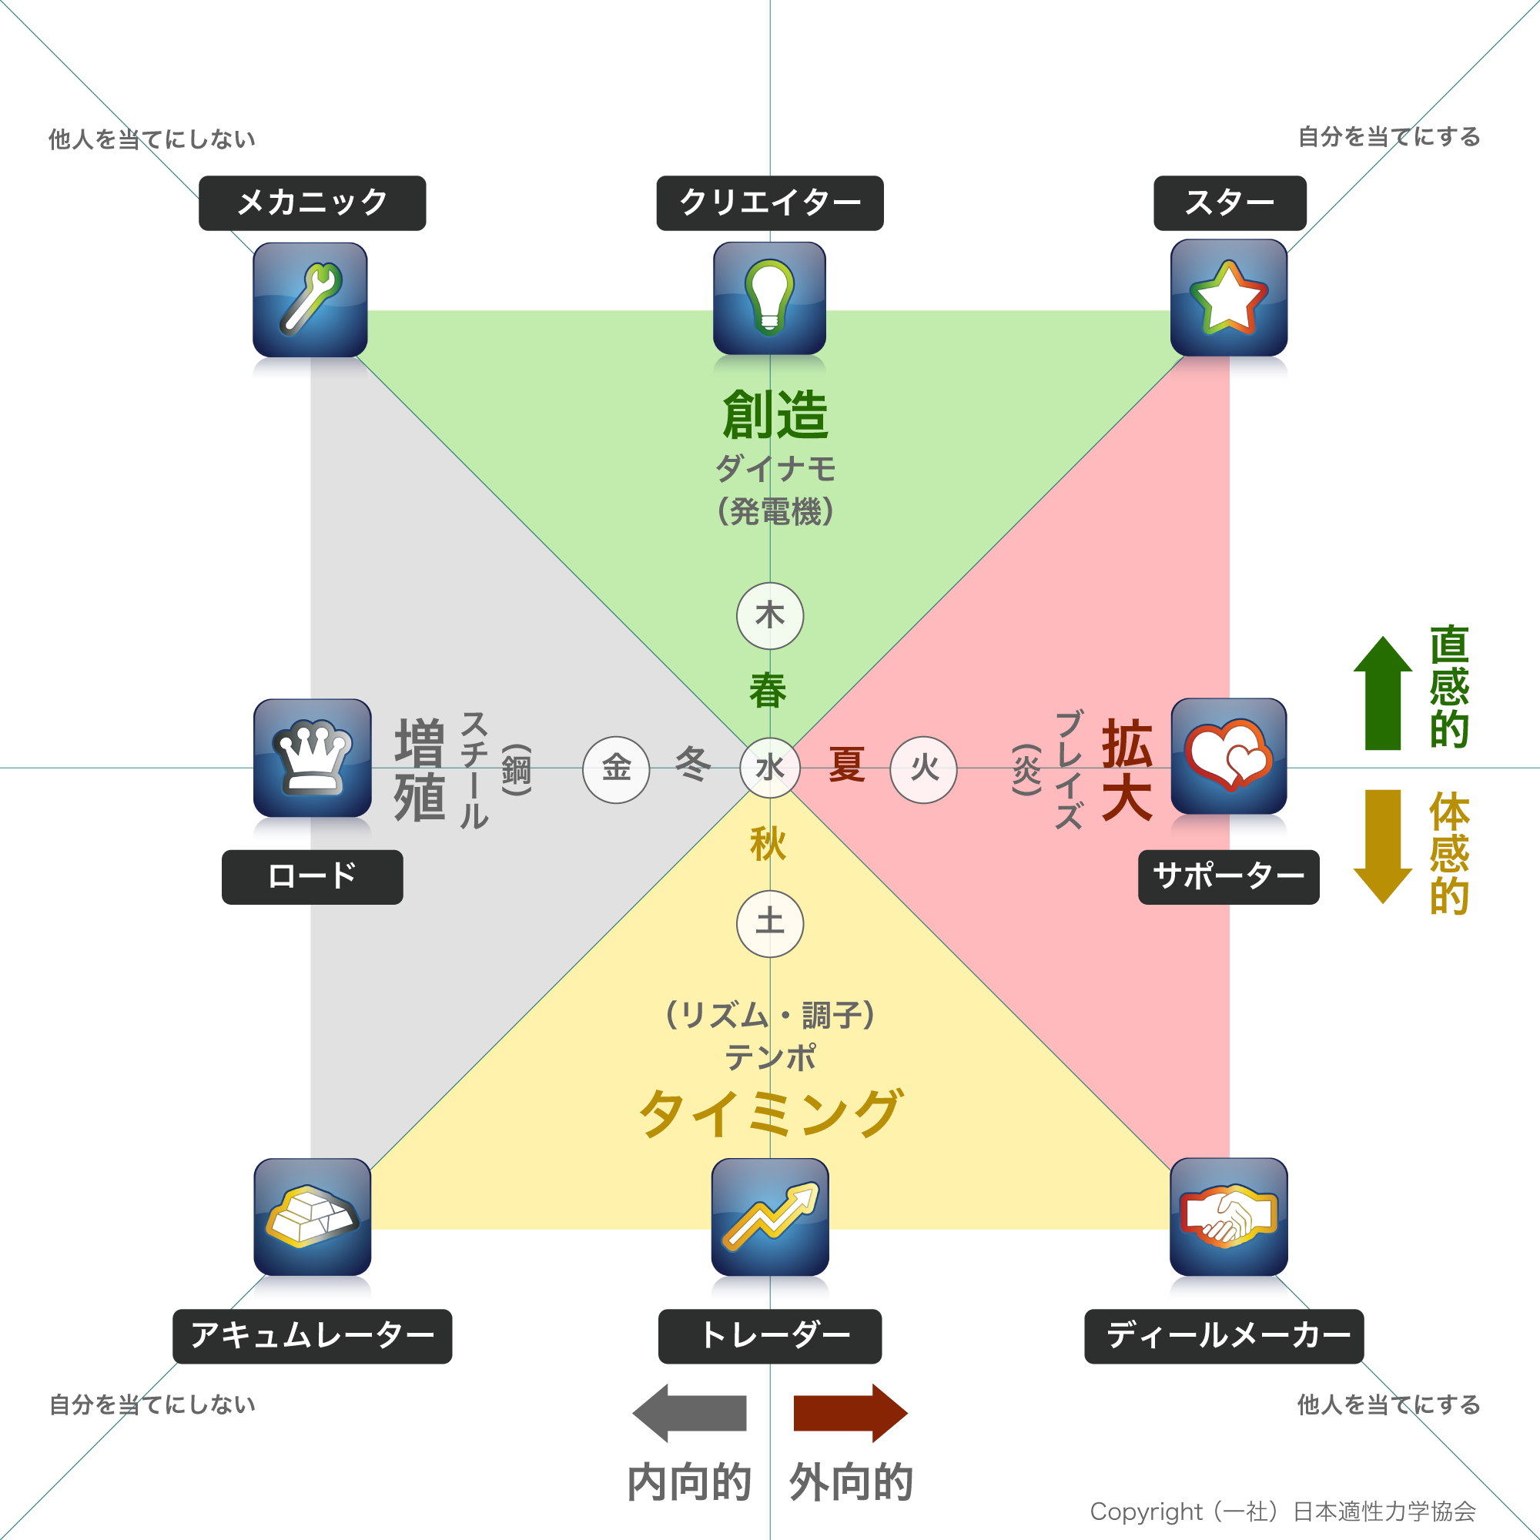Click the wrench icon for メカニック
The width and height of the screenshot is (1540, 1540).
310,299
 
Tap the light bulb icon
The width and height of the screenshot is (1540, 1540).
769,297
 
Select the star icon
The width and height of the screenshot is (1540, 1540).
1228,297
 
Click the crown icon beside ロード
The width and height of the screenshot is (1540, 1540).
313,757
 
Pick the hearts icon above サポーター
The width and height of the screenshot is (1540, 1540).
1228,755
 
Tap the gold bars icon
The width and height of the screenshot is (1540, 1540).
313,1217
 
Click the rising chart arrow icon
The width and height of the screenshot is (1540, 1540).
770,1217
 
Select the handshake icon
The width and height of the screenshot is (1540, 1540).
1228,1217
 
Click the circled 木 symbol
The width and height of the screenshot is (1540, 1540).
770,616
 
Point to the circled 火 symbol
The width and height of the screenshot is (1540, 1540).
924,769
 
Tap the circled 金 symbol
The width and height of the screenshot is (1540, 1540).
616,769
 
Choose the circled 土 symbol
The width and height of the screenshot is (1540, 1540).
770,923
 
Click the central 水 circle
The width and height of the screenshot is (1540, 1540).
770,768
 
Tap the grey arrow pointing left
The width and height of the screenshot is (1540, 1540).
689,1413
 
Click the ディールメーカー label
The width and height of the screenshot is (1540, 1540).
1224,1336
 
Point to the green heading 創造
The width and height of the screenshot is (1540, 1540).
775,415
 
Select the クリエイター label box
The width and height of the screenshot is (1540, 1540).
770,203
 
